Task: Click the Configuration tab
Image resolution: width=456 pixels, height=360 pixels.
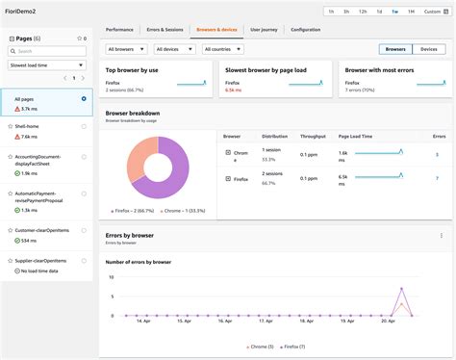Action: coord(306,30)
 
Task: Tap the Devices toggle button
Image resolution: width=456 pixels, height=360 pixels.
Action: coord(429,48)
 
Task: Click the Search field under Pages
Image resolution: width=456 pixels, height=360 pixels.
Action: coord(49,50)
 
